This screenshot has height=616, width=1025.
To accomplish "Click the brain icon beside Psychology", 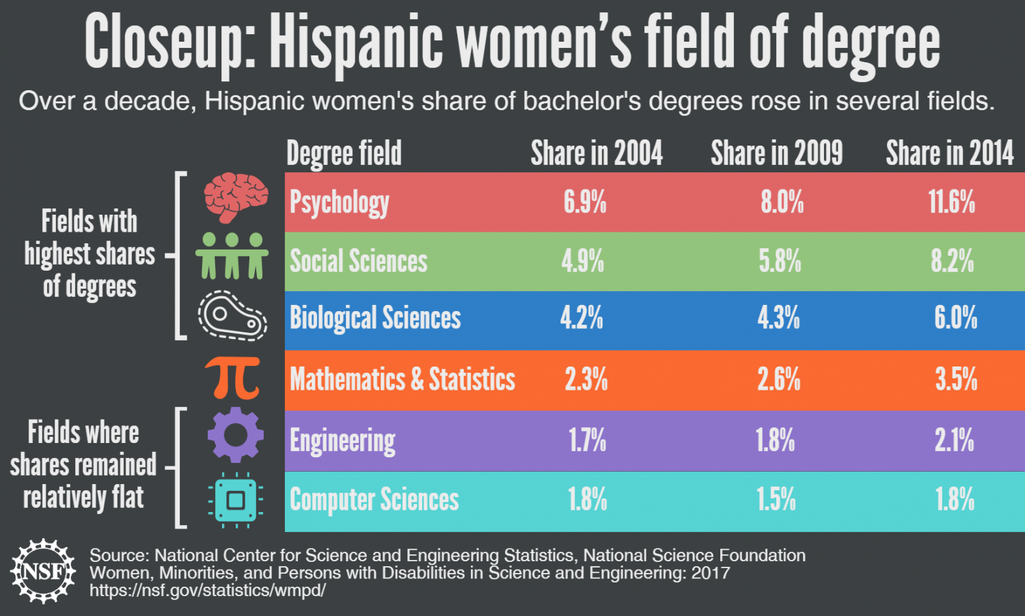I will (236, 197).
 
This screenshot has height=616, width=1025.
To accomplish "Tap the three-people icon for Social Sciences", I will (232, 256).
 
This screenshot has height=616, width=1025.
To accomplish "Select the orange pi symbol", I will (233, 377).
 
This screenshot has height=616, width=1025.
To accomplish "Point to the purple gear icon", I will (235, 435).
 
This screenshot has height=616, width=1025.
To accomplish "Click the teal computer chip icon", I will (236, 500).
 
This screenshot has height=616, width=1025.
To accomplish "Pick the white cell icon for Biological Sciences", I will (232, 316).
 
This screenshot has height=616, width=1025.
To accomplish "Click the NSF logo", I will (43, 571).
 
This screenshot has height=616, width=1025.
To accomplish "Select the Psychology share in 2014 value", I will (951, 202).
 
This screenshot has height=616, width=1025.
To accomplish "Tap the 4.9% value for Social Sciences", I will (583, 261).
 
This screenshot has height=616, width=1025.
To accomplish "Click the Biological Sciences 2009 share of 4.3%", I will (778, 318).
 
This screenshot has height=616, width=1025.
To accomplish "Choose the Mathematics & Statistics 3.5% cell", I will (956, 379).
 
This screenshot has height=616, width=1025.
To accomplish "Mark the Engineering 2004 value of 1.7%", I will (587, 440).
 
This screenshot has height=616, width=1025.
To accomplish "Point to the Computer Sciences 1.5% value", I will (776, 500).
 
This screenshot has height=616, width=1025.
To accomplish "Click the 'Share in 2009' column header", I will (776, 154).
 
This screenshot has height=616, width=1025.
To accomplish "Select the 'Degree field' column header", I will (344, 154).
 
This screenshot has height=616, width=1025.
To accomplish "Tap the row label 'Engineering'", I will (342, 442).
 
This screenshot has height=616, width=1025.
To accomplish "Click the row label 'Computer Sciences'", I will (374, 500).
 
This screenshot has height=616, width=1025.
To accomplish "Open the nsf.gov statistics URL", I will (207, 590).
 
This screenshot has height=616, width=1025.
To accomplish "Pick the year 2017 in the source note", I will (710, 573).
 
